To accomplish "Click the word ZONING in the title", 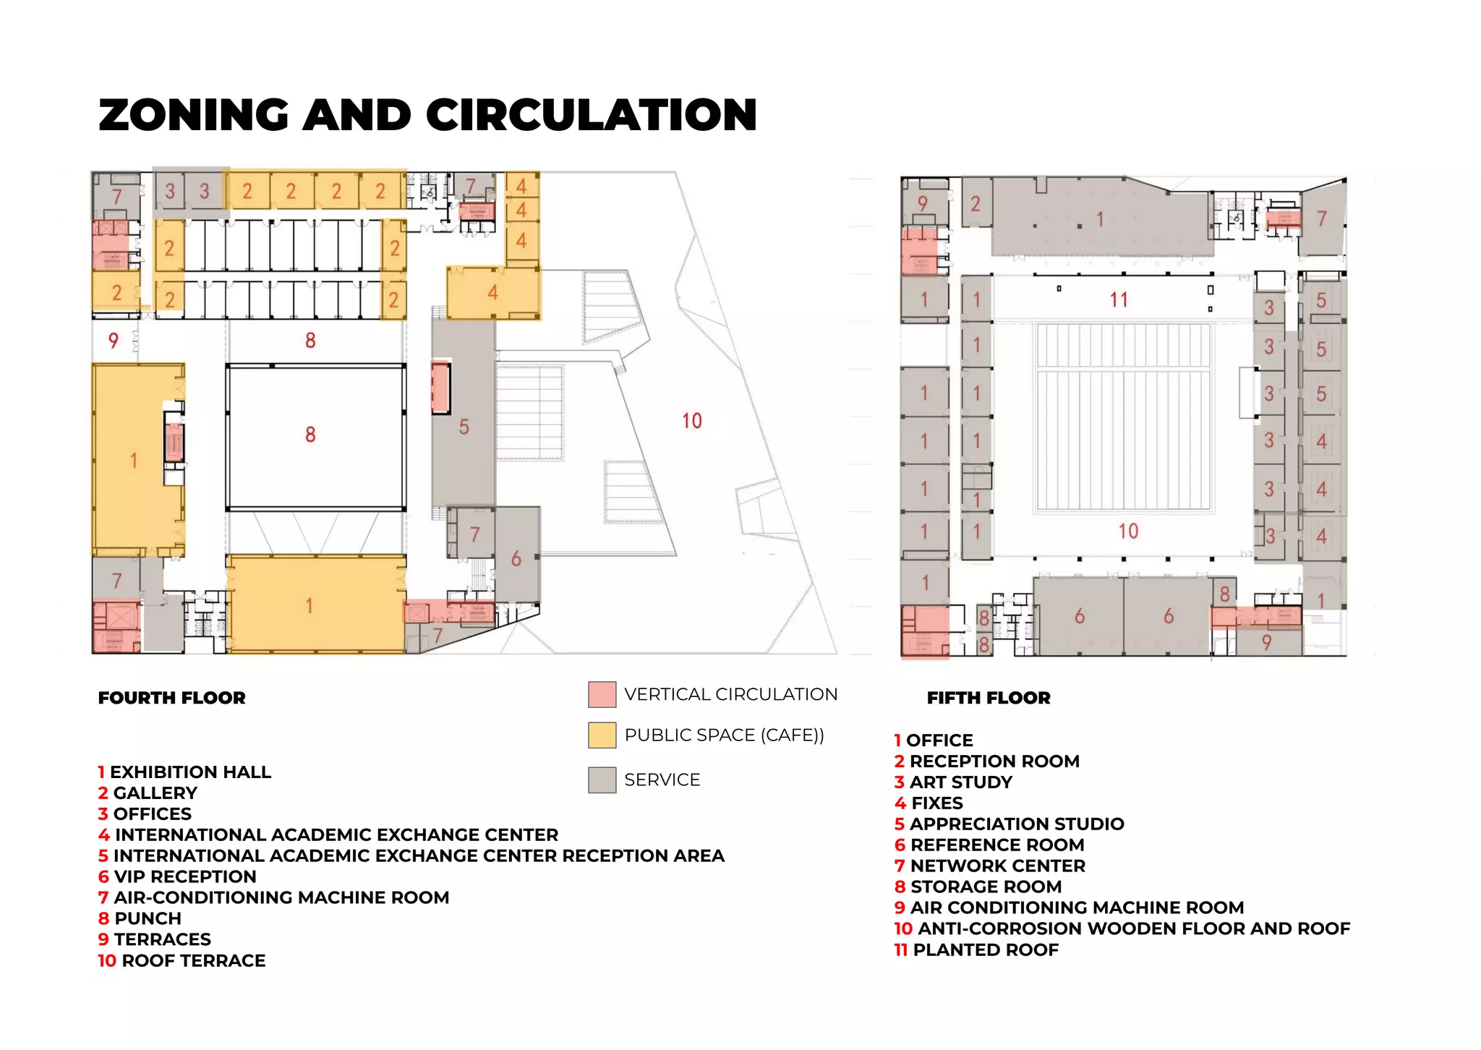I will (x=193, y=116).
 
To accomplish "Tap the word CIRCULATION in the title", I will (x=592, y=116).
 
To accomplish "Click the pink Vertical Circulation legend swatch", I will (x=602, y=694).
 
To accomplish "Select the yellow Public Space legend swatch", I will (x=602, y=735).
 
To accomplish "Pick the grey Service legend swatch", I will (x=602, y=780).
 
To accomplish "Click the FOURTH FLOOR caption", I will (x=172, y=698).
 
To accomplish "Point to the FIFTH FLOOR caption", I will (x=989, y=698).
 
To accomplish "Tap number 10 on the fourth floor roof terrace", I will (x=691, y=421).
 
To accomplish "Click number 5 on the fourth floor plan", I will (x=464, y=427).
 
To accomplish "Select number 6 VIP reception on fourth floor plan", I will (x=516, y=558).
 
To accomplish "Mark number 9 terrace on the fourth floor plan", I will (x=113, y=341).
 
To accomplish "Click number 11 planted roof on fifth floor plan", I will (x=1119, y=299).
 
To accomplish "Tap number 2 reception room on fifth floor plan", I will (x=976, y=204).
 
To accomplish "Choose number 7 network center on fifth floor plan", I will (x=1322, y=218).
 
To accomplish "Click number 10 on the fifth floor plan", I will (x=1128, y=532).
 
